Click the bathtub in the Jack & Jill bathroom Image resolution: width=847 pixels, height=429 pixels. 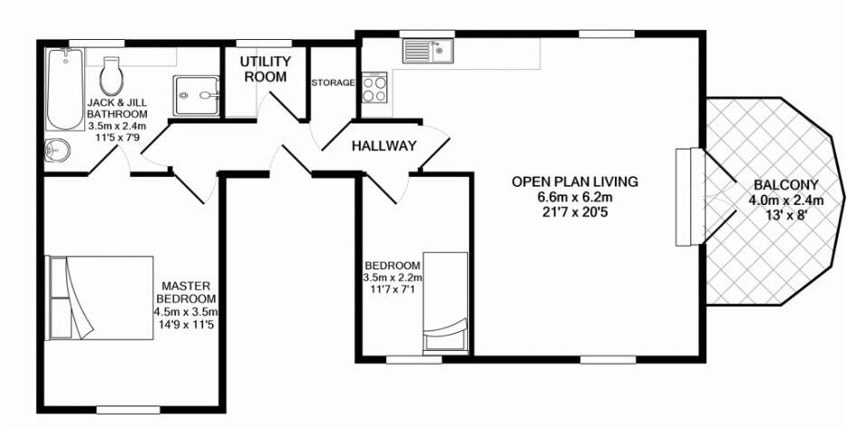[x=64, y=89]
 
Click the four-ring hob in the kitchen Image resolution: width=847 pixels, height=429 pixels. [x=374, y=88]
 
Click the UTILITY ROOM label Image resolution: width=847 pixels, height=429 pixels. [x=265, y=69]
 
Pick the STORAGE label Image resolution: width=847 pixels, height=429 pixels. [x=333, y=83]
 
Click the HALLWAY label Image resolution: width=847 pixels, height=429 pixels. [x=384, y=145]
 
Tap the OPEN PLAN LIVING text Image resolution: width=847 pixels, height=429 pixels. [x=575, y=181]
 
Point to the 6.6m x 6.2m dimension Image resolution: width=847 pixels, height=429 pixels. [x=575, y=197]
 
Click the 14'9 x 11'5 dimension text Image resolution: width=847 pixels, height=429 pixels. [x=185, y=323]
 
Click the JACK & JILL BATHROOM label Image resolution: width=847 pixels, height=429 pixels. [x=117, y=109]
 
